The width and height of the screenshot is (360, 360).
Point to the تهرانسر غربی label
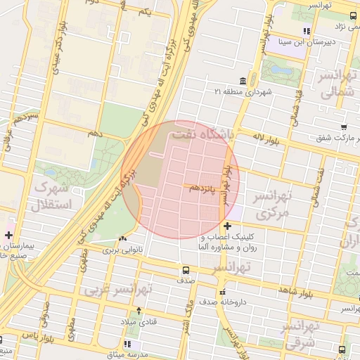click(x=119, y=289)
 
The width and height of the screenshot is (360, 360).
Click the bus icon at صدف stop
click(x=186, y=269)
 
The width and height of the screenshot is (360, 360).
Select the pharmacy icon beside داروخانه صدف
click(x=222, y=292)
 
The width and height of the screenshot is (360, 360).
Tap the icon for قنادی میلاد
click(x=139, y=310)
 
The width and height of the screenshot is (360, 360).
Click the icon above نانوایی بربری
click(x=124, y=238)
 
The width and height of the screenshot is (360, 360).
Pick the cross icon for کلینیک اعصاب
click(x=226, y=226)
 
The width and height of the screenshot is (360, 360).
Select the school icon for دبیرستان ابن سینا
click(x=307, y=31)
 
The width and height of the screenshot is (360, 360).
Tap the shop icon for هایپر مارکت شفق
click(x=343, y=127)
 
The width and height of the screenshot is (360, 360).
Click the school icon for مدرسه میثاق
click(x=127, y=344)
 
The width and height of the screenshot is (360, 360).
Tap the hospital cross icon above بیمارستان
click(x=8, y=235)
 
